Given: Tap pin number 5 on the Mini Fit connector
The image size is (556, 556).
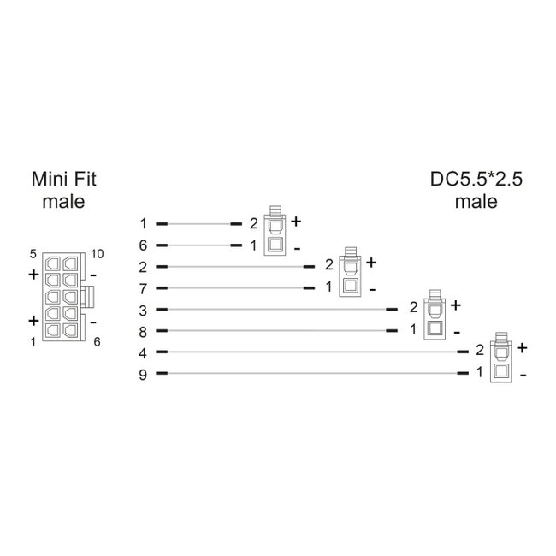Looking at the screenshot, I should click(x=33, y=254).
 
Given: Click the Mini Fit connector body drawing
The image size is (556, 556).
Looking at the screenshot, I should click(x=62, y=297).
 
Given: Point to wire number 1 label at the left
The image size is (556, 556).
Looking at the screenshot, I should click(x=144, y=223).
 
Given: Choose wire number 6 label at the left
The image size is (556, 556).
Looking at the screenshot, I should click(x=144, y=245).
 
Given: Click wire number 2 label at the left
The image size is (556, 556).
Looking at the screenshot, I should click(x=144, y=266).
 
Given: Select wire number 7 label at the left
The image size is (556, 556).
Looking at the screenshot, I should click(x=144, y=287).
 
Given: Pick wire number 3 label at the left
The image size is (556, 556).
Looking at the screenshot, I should click(x=144, y=309).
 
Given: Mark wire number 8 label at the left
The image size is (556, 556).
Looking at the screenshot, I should click(x=144, y=330).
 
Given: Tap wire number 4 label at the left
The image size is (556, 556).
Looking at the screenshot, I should click(x=144, y=352).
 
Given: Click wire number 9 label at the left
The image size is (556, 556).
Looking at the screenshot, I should click(x=144, y=373).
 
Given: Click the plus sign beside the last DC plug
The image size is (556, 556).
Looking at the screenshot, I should click(x=521, y=347).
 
